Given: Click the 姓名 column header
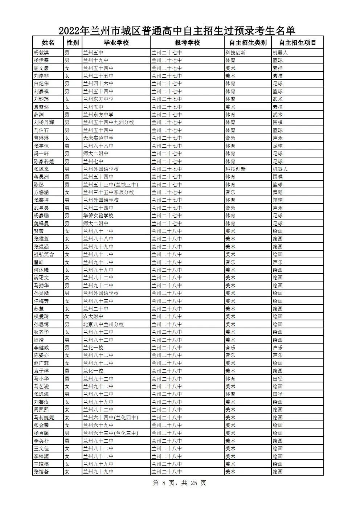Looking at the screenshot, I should (x=48, y=43).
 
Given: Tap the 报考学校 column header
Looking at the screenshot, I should (x=187, y=43).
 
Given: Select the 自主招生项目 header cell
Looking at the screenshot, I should (x=298, y=43).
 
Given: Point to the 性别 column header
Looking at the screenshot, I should (x=73, y=43).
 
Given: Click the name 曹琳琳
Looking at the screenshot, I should (x=41, y=138).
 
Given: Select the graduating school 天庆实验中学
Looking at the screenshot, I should (x=98, y=138).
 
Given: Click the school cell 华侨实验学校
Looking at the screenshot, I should (x=98, y=215).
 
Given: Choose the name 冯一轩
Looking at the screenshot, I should (x=41, y=153).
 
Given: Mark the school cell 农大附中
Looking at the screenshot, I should (x=93, y=316).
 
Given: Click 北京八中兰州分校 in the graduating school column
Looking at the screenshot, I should (x=103, y=324).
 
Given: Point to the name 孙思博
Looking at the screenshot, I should (x=41, y=324).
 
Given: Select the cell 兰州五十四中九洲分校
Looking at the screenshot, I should (x=109, y=122).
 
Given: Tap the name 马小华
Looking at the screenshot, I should (x=41, y=379).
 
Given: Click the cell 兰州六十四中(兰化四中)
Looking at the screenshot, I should (x=110, y=418).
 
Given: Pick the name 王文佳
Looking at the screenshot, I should (x=41, y=448).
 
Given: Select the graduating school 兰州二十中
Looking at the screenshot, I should (x=96, y=309).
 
